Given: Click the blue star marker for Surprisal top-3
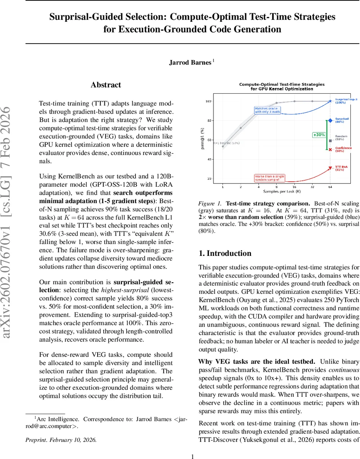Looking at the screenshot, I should click(330, 101).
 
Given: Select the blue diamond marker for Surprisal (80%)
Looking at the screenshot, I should click(330, 120).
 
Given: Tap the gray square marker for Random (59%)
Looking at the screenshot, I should click(330, 141).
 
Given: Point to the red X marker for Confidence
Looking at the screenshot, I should click(330, 149).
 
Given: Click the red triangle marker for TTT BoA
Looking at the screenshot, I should click(330, 168).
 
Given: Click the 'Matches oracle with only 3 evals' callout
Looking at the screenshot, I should click(268, 110).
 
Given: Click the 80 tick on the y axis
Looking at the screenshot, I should click(209, 120).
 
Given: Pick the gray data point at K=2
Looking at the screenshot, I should click(241, 128).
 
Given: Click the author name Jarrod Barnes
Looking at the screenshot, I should click(190, 63).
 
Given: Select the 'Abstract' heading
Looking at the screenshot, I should click(106, 85).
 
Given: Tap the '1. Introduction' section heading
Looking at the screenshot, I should click(225, 253).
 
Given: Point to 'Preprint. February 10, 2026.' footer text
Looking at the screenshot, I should click(61, 439).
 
